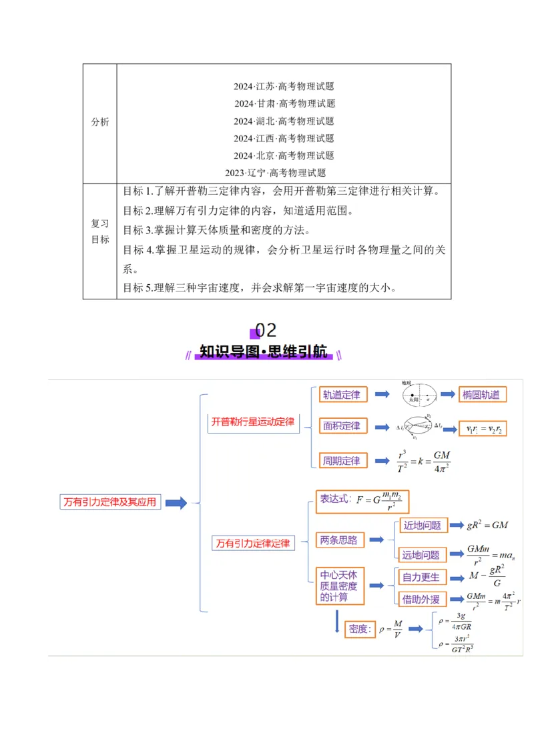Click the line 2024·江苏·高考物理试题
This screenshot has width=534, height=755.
tap(284, 86)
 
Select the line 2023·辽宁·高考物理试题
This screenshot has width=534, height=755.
tap(275, 173)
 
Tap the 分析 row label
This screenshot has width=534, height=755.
tap(100, 122)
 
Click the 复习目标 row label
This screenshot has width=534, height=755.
tap(100, 231)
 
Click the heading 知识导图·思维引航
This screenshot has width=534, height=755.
tap(264, 352)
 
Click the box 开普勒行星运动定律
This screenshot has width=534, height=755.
tap(253, 422)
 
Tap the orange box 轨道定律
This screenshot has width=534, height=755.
tap(341, 395)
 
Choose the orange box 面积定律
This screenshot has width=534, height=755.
tap(341, 426)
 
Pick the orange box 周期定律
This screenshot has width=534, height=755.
tap(341, 461)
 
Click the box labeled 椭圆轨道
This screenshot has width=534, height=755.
tap(481, 395)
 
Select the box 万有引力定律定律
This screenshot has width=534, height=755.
tap(253, 544)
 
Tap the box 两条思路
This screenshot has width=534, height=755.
tap(339, 540)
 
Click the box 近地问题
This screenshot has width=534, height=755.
tap(422, 525)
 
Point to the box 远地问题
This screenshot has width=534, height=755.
tap(421, 555)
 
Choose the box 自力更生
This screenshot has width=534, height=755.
tap(421, 578)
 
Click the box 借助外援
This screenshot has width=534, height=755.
tap(421, 600)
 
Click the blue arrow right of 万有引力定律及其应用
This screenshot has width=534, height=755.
tap(176, 503)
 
